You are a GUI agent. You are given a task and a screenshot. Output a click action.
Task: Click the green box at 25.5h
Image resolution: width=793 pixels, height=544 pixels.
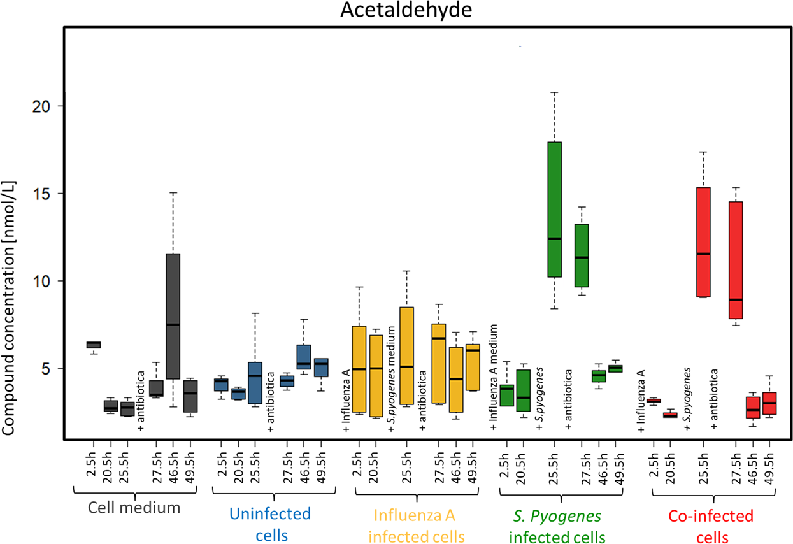[x=554, y=210]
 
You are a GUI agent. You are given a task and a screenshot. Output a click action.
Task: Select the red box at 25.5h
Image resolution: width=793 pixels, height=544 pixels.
[x=703, y=242]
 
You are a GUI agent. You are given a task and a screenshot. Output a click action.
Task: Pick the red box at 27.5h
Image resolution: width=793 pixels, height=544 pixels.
[x=736, y=260]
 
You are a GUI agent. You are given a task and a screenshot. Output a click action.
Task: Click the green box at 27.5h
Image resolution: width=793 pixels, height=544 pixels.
[x=582, y=255]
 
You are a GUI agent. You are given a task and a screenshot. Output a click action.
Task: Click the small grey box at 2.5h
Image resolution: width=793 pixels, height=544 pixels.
[x=94, y=345]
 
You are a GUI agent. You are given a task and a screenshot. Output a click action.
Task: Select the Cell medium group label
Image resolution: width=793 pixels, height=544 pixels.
[x=134, y=508]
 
